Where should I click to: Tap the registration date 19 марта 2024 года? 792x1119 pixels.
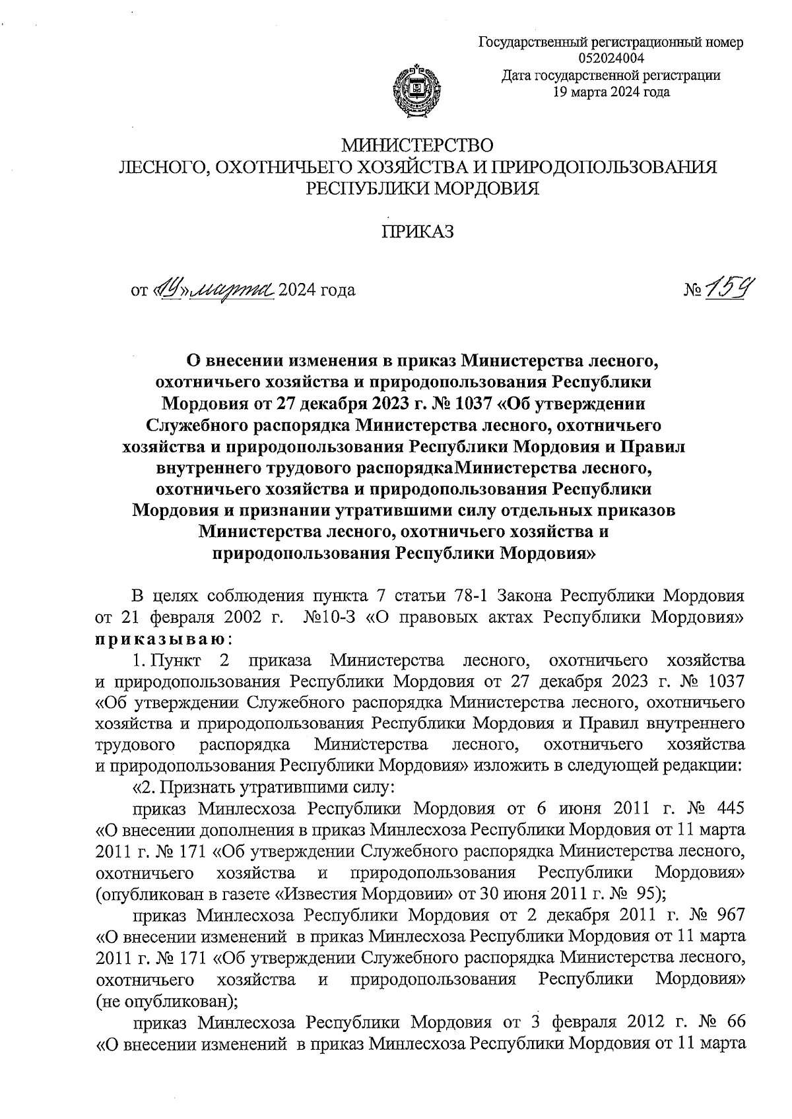(610, 92)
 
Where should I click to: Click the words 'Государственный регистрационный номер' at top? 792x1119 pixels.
(610, 43)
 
